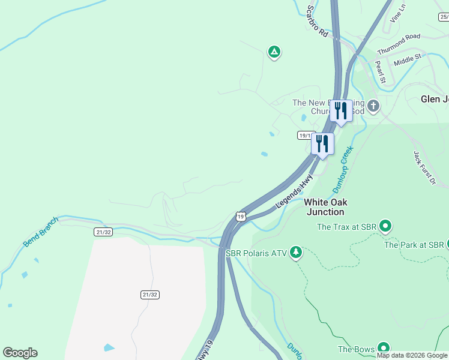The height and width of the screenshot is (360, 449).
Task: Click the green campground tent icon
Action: click(274, 52)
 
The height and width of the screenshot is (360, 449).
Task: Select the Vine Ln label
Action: click(398, 11)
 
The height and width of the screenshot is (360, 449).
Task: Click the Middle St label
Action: click(408, 59)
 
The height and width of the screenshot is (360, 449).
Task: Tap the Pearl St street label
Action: click(379, 71)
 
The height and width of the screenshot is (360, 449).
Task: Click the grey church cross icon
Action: click(373, 107)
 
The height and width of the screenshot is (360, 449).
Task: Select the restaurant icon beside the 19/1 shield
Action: click(322, 145)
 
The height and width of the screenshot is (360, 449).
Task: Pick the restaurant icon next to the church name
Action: click(341, 111)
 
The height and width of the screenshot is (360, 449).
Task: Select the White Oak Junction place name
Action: click(326, 207)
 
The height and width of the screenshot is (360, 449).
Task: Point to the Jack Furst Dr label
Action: click(424, 168)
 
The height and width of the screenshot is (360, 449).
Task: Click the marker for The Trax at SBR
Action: click(385, 226)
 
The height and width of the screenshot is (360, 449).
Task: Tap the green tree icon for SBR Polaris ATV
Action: click(295, 253)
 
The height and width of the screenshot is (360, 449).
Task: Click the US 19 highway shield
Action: click(240, 216)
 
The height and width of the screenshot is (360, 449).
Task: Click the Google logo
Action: click(20, 353)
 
